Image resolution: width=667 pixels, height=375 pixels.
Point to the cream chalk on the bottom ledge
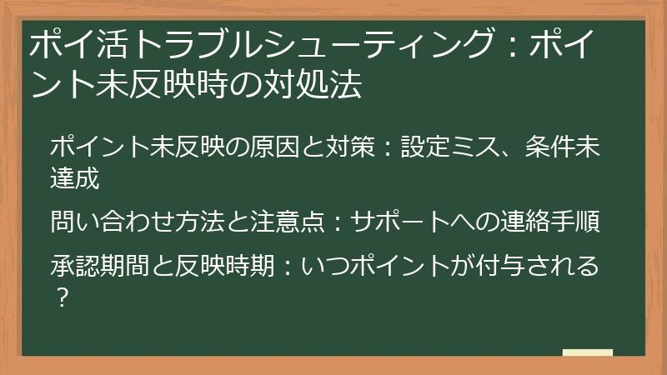tap(588, 353)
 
